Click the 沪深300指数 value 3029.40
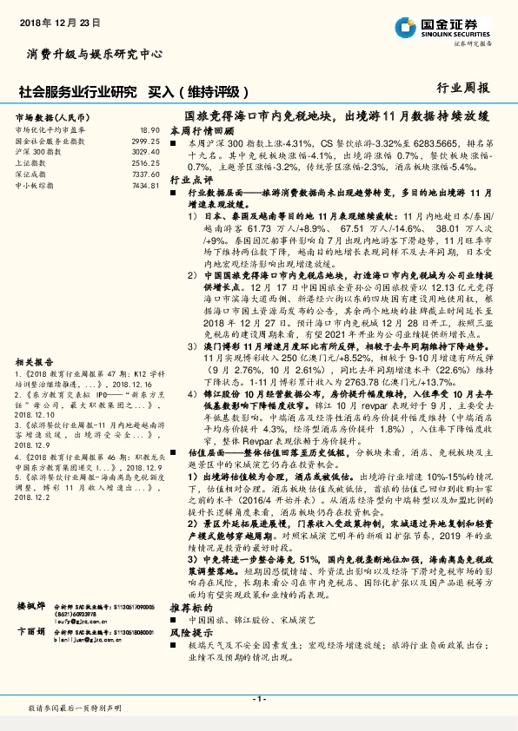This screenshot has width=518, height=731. [x=145, y=151]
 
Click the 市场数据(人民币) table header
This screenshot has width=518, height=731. [x=53, y=115]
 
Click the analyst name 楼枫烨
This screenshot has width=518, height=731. [x=30, y=629]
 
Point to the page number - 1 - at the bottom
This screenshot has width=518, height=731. [x=258, y=700]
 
